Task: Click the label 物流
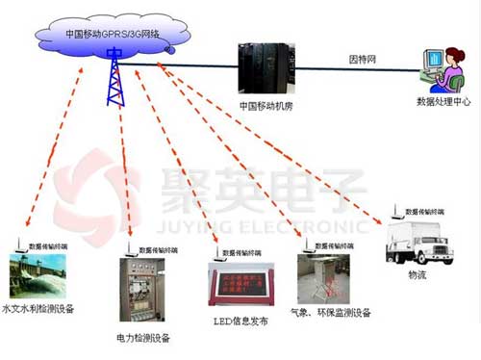[x=417, y=275]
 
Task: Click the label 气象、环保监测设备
[x=332, y=313]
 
